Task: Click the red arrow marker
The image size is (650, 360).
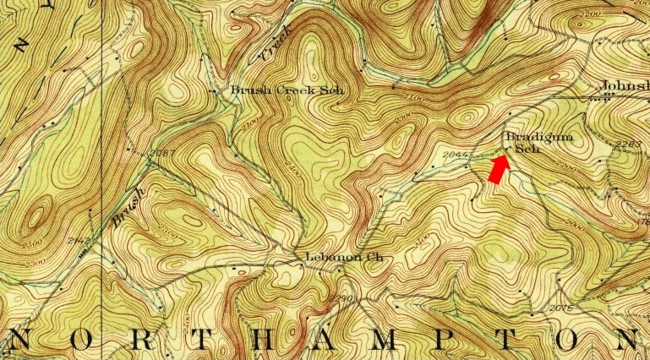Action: pos(499,170)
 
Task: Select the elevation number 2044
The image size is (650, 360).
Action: pos(455,155)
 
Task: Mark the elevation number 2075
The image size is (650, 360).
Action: pos(560,308)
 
